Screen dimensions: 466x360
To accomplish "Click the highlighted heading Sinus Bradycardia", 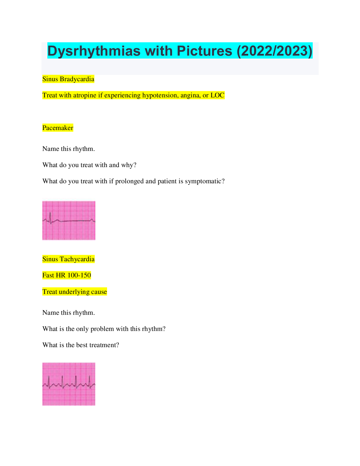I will click(68, 79).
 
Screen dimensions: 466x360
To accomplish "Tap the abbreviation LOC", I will click(217, 95).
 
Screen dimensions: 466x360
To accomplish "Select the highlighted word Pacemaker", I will click(58, 128).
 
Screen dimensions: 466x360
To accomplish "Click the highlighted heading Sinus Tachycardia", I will click(68, 259).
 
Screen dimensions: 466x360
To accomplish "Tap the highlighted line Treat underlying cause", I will click(74, 292).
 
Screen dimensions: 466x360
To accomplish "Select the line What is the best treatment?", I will click(81, 345).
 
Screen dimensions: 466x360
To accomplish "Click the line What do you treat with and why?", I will click(89, 165).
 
